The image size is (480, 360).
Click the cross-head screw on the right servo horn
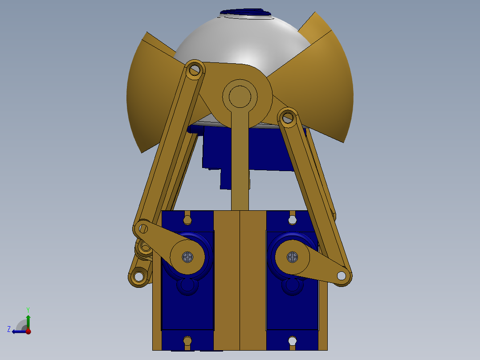coord(292,257)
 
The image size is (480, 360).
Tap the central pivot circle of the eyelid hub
coord(240,96)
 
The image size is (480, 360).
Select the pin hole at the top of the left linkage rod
coord(194,70)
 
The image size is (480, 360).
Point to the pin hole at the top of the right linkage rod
coord(288,118)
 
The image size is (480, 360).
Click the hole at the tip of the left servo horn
coord(143,229)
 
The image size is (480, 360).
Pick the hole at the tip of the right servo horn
coord(342,276)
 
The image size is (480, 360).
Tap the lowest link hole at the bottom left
coord(139,276)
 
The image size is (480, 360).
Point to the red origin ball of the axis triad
coord(28,331)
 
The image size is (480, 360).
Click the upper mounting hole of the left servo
coord(187,220)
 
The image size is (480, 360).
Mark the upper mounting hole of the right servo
coord(292,220)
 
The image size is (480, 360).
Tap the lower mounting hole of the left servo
coord(187,341)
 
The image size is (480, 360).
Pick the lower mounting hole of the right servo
coord(292,341)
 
